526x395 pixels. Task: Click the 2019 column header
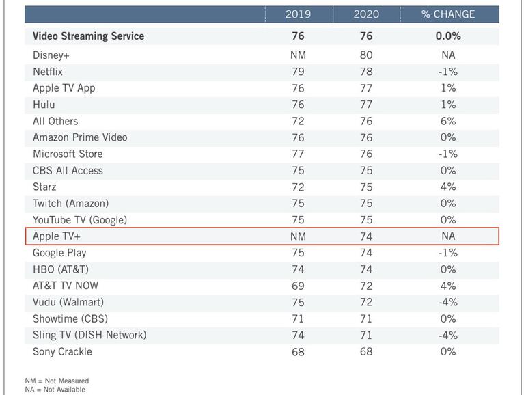(x=298, y=14)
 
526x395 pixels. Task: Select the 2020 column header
(x=366, y=14)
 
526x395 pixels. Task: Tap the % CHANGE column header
(x=448, y=14)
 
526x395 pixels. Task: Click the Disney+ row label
(x=51, y=55)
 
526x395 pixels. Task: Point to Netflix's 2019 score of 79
(x=298, y=72)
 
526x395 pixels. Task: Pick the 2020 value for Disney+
(x=366, y=55)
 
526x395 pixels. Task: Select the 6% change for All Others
(x=448, y=121)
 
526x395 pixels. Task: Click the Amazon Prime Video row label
(x=80, y=137)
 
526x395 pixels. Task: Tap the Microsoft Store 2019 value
(x=298, y=154)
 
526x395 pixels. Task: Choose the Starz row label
(x=44, y=187)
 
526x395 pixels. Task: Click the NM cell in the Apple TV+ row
(x=298, y=236)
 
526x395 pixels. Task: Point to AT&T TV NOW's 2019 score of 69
(x=298, y=286)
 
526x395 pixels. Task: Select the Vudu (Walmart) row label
(x=68, y=302)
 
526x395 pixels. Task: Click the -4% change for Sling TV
(x=448, y=335)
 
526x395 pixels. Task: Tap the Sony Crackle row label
(x=62, y=352)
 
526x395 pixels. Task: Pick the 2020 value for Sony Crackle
(x=366, y=352)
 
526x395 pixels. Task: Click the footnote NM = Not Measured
(x=57, y=381)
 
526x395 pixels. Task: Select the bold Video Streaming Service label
(x=88, y=36)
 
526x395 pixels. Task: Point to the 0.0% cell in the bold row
(x=448, y=36)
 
